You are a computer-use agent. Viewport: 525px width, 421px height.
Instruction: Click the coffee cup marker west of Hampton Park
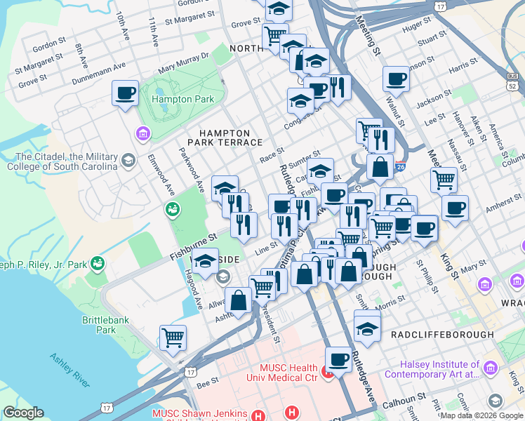tap(125, 93)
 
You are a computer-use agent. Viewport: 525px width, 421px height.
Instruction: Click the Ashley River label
tap(69, 370)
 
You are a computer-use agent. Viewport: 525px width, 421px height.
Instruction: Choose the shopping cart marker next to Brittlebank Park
tap(173, 338)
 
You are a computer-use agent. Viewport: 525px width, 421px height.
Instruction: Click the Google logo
tap(24, 413)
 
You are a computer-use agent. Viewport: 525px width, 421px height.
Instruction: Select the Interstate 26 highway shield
tap(400, 166)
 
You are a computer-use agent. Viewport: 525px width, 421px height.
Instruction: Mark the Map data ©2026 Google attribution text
tap(481, 415)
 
